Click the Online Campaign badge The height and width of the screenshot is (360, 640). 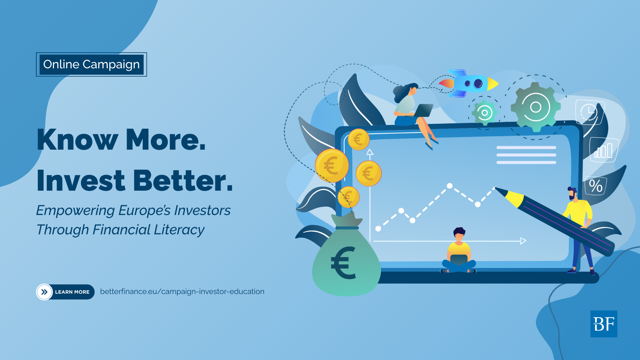click(91, 64)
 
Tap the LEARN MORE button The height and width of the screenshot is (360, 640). click(65, 292)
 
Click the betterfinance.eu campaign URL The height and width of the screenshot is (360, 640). click(182, 292)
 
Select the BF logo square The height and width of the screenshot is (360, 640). click(604, 324)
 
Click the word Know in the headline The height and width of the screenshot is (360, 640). click(77, 139)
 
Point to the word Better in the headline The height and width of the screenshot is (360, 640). click(183, 180)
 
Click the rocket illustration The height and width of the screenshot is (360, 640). click(468, 83)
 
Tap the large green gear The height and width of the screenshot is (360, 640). click(535, 107)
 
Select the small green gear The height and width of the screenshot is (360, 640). click(485, 113)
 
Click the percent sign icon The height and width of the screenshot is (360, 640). click(595, 186)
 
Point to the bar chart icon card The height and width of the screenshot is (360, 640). click(604, 150)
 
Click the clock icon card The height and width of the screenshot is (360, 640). click(589, 112)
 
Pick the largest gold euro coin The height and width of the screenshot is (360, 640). click(332, 165)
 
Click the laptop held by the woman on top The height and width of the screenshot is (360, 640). click(422, 110)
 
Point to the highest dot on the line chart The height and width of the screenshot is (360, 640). click(450, 186)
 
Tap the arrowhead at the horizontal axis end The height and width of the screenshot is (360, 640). click(523, 241)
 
